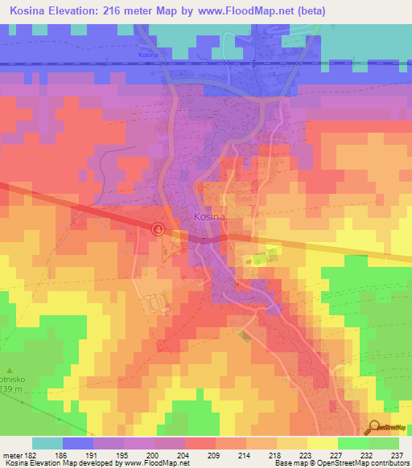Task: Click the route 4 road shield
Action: pos(159,229)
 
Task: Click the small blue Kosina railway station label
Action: pos(147,55)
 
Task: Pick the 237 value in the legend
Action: pos(395,454)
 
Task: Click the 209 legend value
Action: pos(212,454)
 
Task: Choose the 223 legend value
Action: pos(303,454)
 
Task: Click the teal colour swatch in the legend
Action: pos(47,443)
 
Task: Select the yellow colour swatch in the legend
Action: pos(323,443)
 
